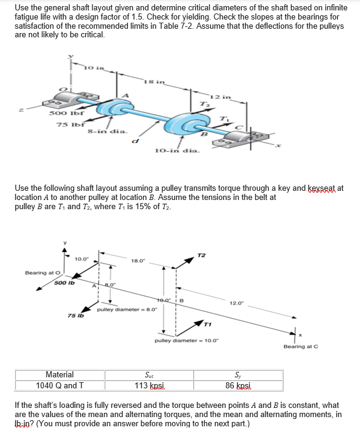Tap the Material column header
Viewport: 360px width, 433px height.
59,375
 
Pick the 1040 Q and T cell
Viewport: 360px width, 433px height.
59,386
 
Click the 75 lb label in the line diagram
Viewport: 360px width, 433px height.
75,316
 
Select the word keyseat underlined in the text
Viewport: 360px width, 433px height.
321,188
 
